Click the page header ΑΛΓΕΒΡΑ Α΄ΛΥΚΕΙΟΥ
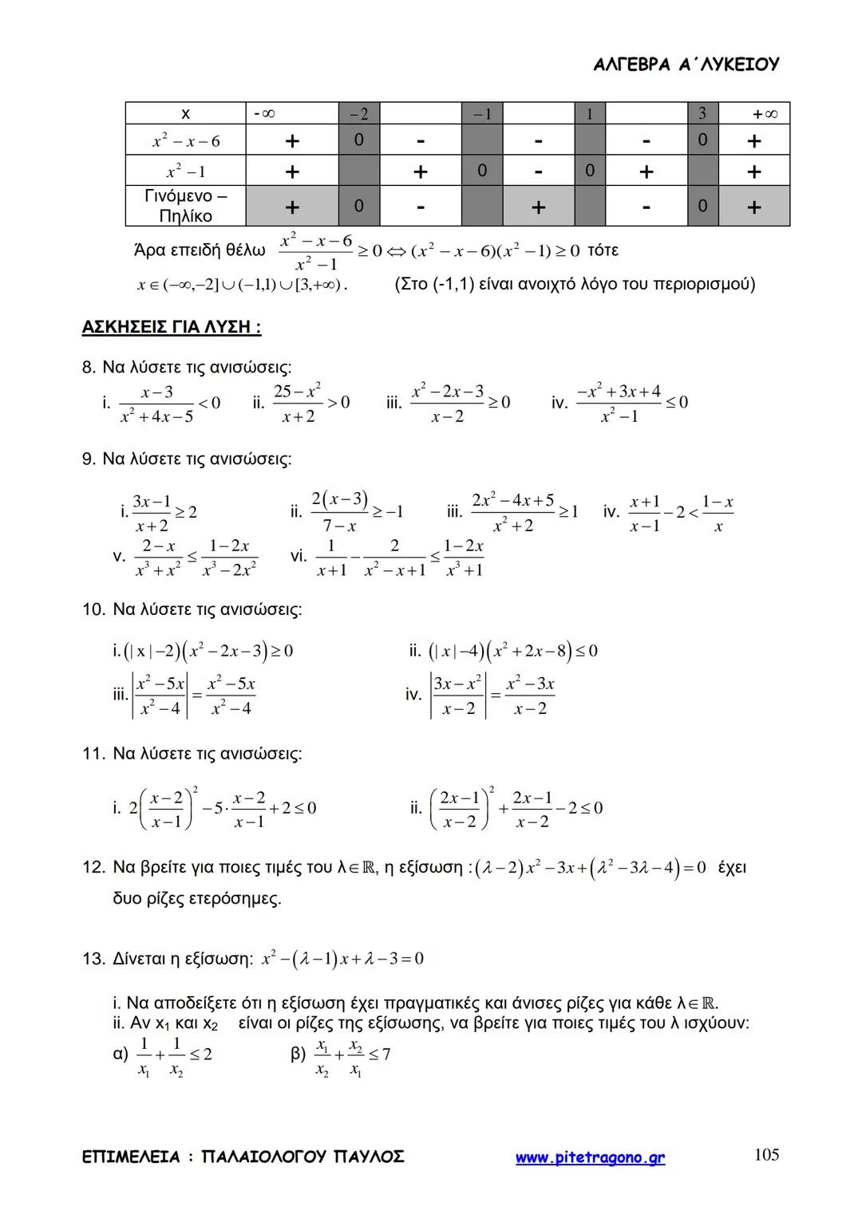point(686,65)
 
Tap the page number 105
point(765,1154)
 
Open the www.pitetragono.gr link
point(590,1157)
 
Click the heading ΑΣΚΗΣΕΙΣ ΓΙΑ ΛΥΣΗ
point(172,327)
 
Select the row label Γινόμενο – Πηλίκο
point(185,206)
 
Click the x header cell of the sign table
point(185,113)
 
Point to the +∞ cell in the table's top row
point(753,113)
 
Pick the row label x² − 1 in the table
point(185,171)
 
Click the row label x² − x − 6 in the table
point(185,142)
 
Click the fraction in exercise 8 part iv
point(619,404)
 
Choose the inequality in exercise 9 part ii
point(355,512)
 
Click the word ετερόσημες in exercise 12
point(238,899)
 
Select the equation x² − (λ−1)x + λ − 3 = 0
point(342,958)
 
